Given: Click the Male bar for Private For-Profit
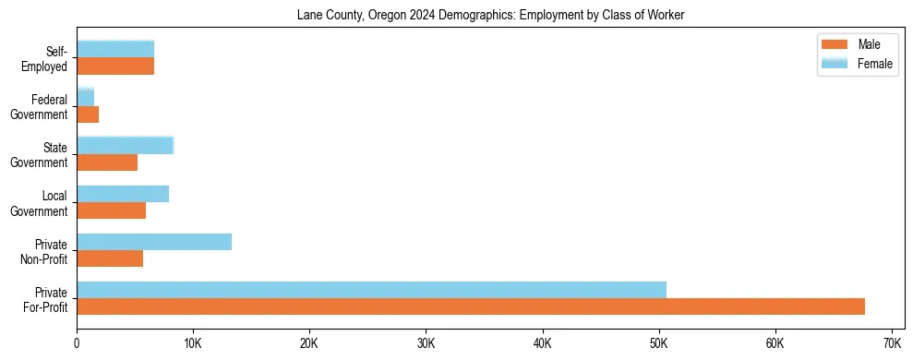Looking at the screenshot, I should pyautogui.click(x=471, y=306).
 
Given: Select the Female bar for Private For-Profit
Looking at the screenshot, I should pyautogui.click(x=371, y=290).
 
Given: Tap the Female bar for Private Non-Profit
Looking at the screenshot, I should pyautogui.click(x=154, y=242).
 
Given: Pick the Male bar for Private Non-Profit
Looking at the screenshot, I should pyautogui.click(x=110, y=258).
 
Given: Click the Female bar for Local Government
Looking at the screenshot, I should pyautogui.click(x=123, y=194).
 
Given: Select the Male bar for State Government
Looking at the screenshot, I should pyautogui.click(x=107, y=162).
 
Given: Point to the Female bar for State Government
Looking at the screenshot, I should pyautogui.click(x=125, y=145).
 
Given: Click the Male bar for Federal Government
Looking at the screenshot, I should pyautogui.click(x=88, y=114).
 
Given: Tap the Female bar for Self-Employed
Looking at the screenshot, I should pyautogui.click(x=115, y=49).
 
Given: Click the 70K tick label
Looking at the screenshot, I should pyautogui.click(x=891, y=343).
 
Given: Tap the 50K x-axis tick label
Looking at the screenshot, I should pyautogui.click(x=658, y=343).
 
